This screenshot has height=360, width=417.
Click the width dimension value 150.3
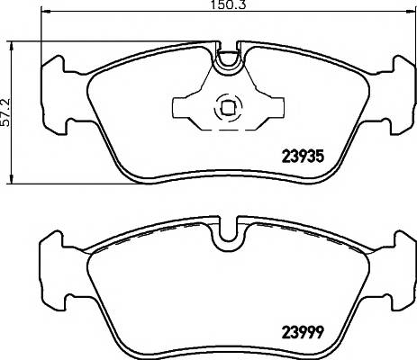tap(229, 4)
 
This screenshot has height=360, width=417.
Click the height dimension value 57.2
tap(5, 112)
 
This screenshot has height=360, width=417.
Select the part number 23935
tap(303, 156)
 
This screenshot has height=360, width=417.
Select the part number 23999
tap(303, 332)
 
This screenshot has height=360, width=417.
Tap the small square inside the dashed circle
tap(228, 108)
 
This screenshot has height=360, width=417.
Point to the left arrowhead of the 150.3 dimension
tap(45, 12)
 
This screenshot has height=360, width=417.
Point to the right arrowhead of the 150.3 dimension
tap(410, 12)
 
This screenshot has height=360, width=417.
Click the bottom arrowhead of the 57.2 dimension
tap(12, 178)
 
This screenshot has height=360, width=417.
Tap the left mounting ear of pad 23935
tap(53, 95)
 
